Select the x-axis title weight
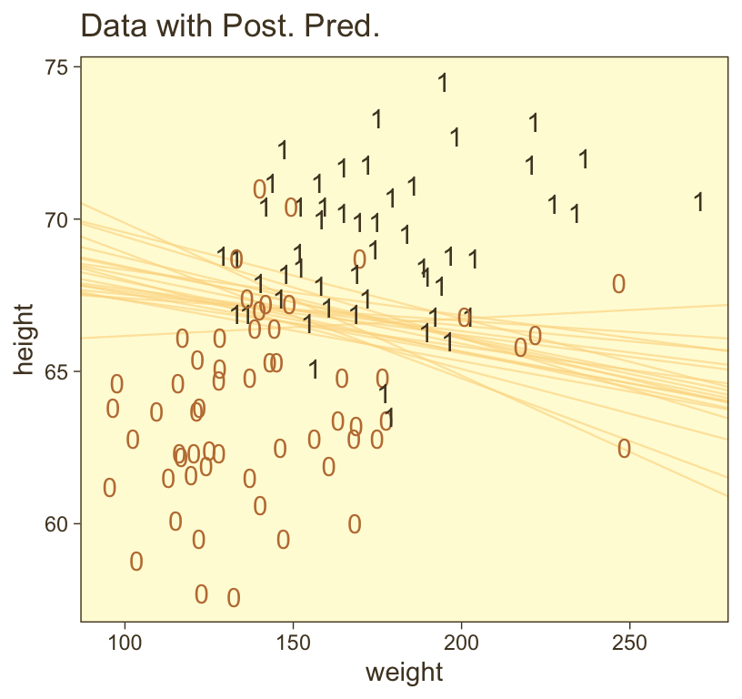404,674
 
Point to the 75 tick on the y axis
62,67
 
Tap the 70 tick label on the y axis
62,219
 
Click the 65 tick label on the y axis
62,371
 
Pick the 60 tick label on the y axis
62,523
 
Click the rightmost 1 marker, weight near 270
698,202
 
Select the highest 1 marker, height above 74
443,83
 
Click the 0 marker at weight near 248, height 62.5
624,449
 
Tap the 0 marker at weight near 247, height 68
618,283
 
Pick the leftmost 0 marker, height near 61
109,488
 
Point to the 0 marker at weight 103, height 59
136,562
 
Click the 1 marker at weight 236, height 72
584,159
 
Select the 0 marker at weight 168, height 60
355,524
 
